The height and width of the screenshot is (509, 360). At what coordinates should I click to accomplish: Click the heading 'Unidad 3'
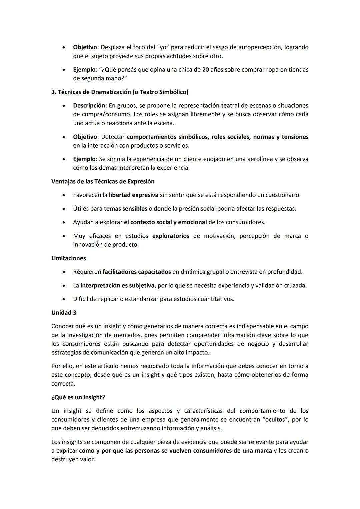[x=64, y=313]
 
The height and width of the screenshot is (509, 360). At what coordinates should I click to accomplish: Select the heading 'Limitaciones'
[x=68, y=258]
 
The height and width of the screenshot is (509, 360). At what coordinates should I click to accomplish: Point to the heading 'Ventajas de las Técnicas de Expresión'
[x=103, y=181]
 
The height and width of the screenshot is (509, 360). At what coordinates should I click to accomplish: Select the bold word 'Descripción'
[x=89, y=106]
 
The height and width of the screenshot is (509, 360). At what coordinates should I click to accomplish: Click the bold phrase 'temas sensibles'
[x=125, y=209]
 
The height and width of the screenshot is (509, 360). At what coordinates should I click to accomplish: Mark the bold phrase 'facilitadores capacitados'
[x=137, y=272]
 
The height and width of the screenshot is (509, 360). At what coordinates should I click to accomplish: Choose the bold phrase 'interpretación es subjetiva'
[x=117, y=285]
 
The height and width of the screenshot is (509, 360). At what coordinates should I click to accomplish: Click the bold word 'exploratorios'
[x=170, y=236]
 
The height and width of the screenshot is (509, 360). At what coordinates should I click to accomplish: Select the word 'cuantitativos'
[x=215, y=299]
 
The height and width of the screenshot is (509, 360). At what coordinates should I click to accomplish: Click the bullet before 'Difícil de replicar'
[x=63, y=299]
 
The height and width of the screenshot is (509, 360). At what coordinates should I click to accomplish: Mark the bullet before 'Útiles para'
[x=63, y=209]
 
